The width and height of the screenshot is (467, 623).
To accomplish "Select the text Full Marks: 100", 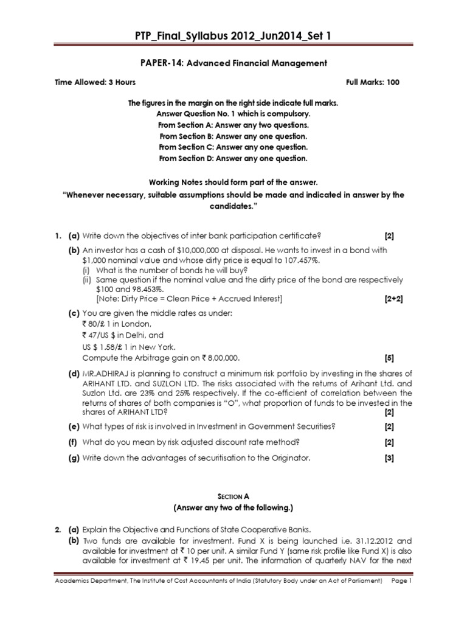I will (373, 82).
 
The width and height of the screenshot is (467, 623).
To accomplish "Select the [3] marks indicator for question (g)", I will (389, 458).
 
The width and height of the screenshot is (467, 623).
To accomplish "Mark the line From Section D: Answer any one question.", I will (233, 159).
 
